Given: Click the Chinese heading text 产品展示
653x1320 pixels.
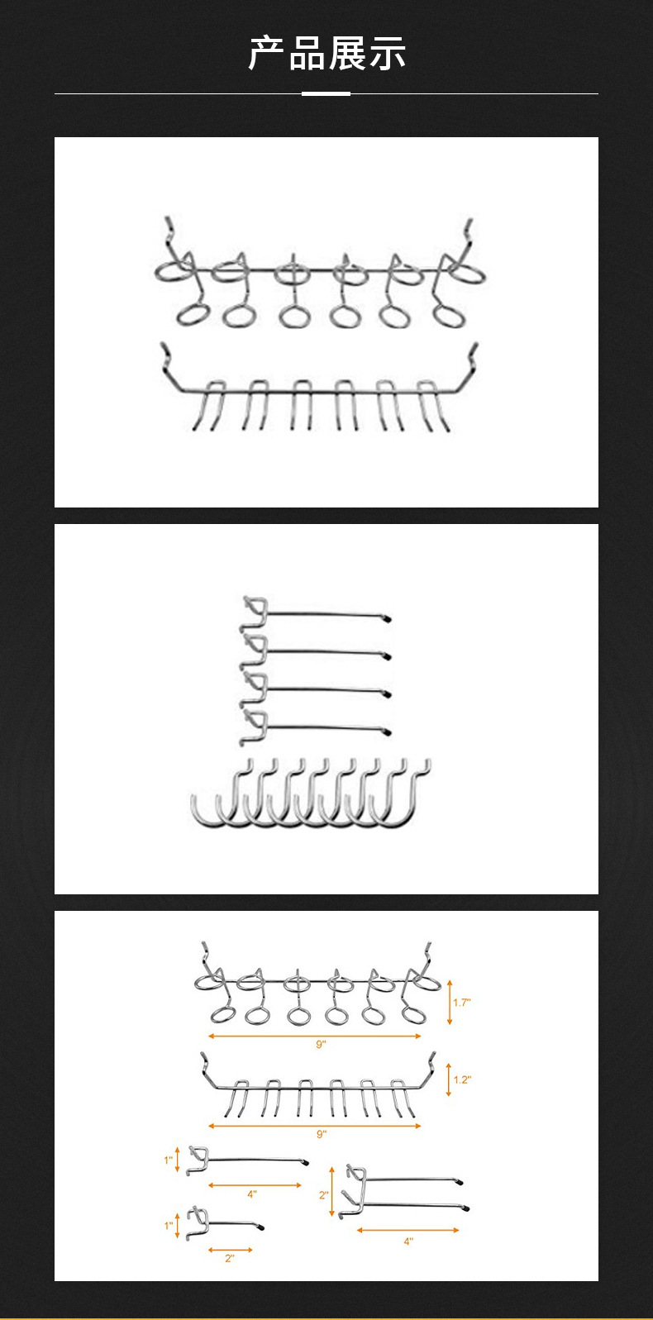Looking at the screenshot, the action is pyautogui.click(x=326, y=53).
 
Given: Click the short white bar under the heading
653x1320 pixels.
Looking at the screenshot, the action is pyautogui.click(x=326, y=93).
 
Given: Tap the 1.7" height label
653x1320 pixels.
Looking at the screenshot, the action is pyautogui.click(x=462, y=1002).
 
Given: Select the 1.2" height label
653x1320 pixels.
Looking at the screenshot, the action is pyautogui.click(x=462, y=1079).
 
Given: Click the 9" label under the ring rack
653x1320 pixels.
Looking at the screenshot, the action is pyautogui.click(x=321, y=1044).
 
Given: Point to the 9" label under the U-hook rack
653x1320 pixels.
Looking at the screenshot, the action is pyautogui.click(x=321, y=1134).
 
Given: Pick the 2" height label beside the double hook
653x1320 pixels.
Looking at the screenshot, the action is pyautogui.click(x=323, y=1195).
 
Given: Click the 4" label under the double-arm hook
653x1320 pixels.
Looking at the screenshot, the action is pyautogui.click(x=408, y=1241).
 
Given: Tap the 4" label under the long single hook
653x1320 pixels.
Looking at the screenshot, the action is pyautogui.click(x=251, y=1194).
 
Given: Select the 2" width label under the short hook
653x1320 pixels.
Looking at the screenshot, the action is pyautogui.click(x=229, y=1258).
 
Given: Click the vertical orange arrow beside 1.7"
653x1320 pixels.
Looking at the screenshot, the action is pyautogui.click(x=450, y=1002).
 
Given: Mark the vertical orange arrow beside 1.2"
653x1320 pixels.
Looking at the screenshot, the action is pyautogui.click(x=449, y=1079).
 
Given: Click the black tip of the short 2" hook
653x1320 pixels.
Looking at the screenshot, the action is pyautogui.click(x=261, y=1227).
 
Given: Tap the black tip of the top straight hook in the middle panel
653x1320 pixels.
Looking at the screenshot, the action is pyautogui.click(x=387, y=619).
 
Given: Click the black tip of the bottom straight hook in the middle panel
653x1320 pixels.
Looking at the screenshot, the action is pyautogui.click(x=387, y=732).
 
